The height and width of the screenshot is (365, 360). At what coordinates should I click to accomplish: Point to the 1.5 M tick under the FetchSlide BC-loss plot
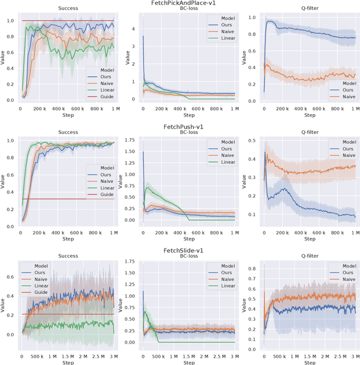pyautogui.click(x=188, y=357)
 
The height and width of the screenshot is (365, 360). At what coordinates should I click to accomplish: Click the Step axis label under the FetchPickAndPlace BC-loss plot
pyautogui.click(x=189, y=115)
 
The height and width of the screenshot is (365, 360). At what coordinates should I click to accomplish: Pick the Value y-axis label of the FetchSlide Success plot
pyautogui.click(x=4, y=304)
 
